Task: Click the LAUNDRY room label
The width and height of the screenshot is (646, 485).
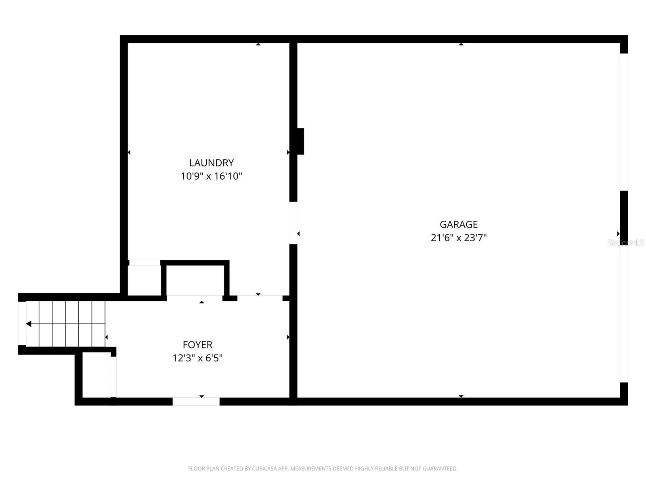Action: pyautogui.click(x=211, y=162)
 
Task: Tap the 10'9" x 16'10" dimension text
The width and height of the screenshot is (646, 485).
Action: pyautogui.click(x=211, y=176)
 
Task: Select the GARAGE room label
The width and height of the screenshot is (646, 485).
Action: pyautogui.click(x=459, y=224)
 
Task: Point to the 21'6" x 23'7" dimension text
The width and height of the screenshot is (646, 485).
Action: pyautogui.click(x=459, y=238)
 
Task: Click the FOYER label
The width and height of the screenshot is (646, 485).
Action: pyautogui.click(x=197, y=345)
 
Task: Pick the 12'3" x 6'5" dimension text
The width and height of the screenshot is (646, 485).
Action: pyautogui.click(x=197, y=358)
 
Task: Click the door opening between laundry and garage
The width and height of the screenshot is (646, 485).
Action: pyautogui.click(x=294, y=223)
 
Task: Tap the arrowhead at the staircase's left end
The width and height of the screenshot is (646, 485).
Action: pyautogui.click(x=29, y=324)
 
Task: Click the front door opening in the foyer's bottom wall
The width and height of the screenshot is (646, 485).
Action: pyautogui.click(x=196, y=401)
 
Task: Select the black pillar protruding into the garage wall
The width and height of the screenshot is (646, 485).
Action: pyautogui.click(x=300, y=141)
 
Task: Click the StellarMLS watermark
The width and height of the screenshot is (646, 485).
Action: pyautogui.click(x=626, y=243)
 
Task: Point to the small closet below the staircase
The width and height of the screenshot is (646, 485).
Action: pyautogui.click(x=96, y=375)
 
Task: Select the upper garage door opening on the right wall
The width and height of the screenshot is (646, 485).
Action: pyautogui.click(x=624, y=122)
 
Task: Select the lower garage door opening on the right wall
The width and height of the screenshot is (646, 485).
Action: pyautogui.click(x=624, y=313)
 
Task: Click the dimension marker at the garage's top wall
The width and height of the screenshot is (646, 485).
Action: pyautogui.click(x=461, y=44)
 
